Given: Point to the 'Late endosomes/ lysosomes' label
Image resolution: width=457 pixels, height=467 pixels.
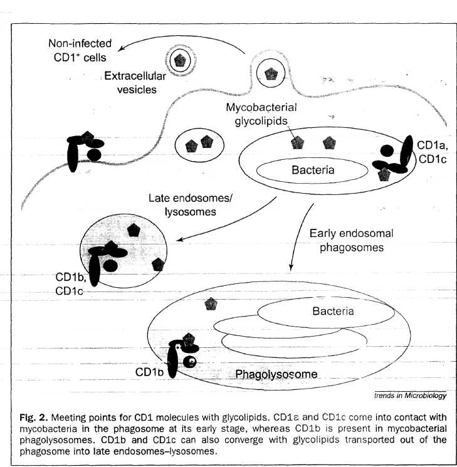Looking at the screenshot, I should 190,205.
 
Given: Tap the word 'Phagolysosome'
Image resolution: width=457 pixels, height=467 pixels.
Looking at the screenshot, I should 276,375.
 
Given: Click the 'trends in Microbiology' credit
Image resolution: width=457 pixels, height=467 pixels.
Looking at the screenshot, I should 410,396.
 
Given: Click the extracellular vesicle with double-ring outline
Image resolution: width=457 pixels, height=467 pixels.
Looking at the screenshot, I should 181,60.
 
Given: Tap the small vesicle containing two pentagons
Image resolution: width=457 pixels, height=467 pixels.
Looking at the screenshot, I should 199,145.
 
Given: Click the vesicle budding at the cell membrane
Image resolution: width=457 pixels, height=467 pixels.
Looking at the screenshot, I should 271,74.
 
